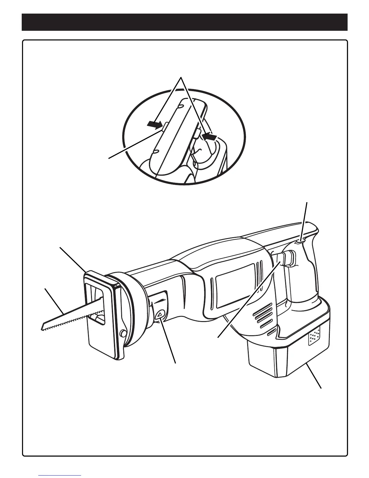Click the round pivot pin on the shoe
(123, 333)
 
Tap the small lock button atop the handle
(300, 241)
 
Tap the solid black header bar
(184, 22)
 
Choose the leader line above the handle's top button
(305, 220)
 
